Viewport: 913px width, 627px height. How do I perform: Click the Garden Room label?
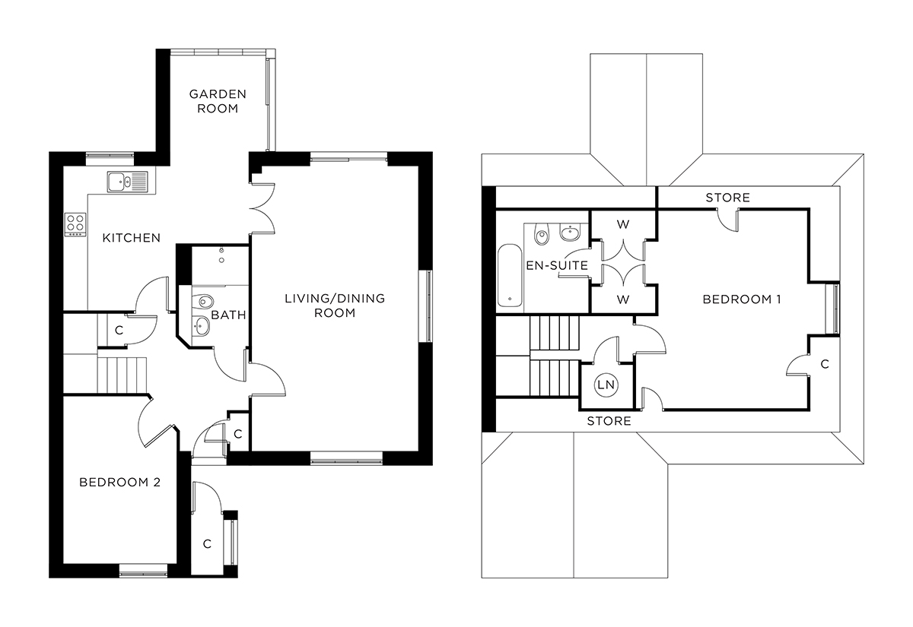tap(218, 101)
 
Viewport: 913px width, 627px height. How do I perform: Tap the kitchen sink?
tap(126, 182)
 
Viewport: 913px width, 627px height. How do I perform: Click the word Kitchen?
tap(132, 238)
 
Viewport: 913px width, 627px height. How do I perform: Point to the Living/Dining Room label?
tap(335, 305)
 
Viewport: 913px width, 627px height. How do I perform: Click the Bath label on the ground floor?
tap(229, 315)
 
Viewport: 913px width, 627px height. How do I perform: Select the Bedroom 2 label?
tap(119, 482)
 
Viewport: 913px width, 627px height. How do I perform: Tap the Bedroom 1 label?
tap(742, 299)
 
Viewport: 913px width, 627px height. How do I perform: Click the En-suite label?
tap(557, 265)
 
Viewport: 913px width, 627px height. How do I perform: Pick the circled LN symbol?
tap(606, 385)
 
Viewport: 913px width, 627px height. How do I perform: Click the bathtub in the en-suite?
tap(508, 275)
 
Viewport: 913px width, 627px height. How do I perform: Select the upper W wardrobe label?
tap(623, 224)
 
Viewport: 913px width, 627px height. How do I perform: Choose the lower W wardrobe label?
tap(623, 299)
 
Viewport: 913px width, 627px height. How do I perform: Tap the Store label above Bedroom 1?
tap(727, 198)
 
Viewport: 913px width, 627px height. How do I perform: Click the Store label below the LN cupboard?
tap(609, 421)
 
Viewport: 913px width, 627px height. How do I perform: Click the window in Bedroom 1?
tap(835, 308)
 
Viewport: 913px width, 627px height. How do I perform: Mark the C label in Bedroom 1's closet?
tap(824, 364)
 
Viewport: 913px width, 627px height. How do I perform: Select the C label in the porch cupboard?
tap(207, 543)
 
